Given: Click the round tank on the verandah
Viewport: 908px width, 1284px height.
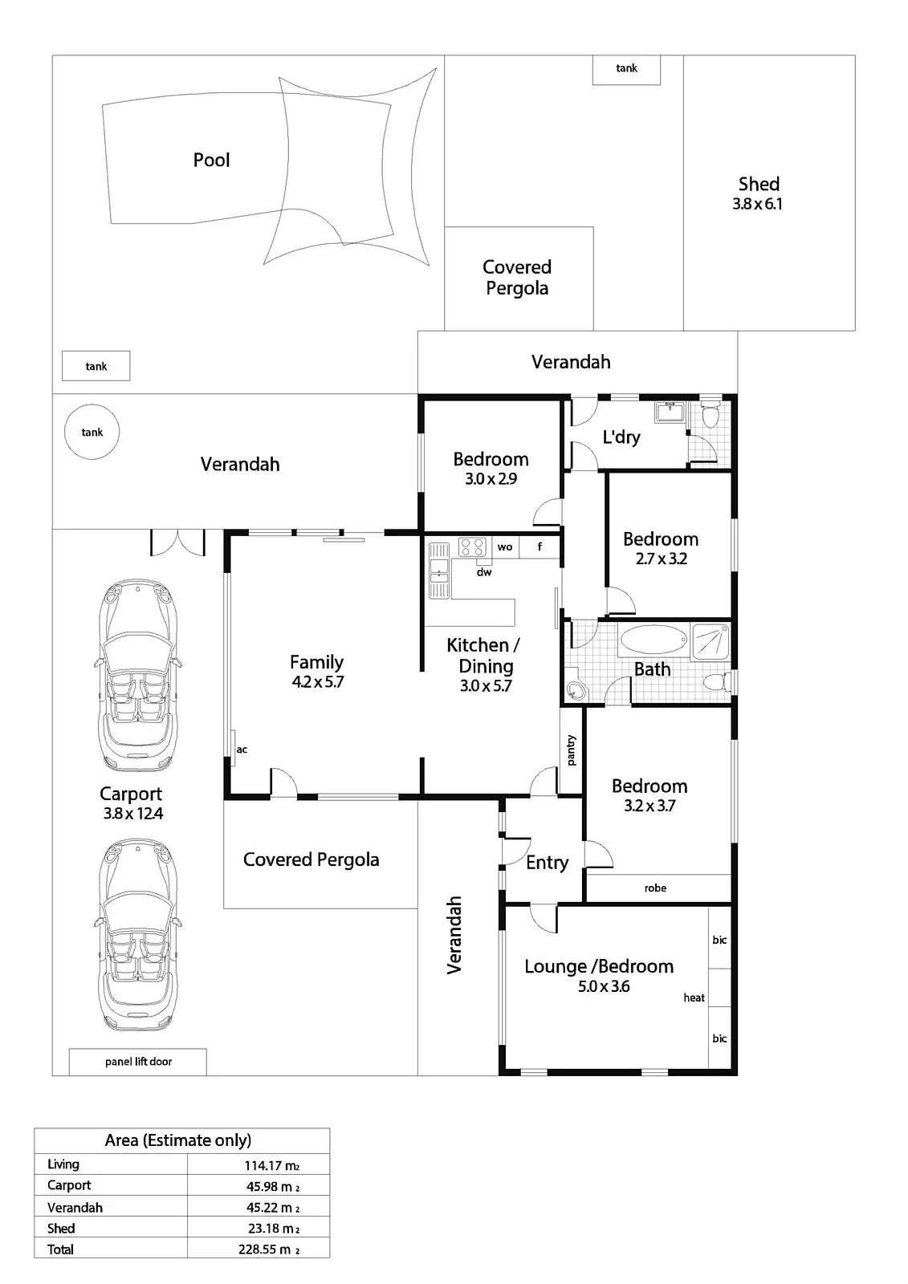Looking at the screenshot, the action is coord(92,432).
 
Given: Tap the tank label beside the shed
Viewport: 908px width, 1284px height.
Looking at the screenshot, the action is coord(626,68).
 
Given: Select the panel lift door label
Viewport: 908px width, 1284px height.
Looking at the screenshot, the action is coord(138,1062).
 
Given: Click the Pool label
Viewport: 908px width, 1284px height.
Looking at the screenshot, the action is coord(211,160).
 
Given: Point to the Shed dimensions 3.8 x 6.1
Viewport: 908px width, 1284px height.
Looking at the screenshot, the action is coord(757,204).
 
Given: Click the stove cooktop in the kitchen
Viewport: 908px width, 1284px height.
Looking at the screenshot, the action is coord(472,547).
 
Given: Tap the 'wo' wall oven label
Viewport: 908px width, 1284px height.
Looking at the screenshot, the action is coord(505,547).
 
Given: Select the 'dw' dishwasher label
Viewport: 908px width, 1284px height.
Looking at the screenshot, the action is coord(484,571).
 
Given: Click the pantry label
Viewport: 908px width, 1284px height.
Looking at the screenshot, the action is coord(572,750).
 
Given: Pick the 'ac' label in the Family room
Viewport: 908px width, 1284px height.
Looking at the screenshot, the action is coord(242,750).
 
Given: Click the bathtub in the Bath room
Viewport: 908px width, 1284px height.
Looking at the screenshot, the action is coord(654,640).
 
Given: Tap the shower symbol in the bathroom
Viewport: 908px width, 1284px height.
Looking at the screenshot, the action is coord(711,642).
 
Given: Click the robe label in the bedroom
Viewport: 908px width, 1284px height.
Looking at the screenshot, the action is coord(655,888).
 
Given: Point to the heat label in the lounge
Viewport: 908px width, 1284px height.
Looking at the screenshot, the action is coord(694,998).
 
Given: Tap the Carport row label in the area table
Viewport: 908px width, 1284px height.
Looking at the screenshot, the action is coord(69,1185).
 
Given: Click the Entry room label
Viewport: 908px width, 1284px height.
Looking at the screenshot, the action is coord(548,863).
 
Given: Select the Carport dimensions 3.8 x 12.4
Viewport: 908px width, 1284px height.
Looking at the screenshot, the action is coord(133,814).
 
